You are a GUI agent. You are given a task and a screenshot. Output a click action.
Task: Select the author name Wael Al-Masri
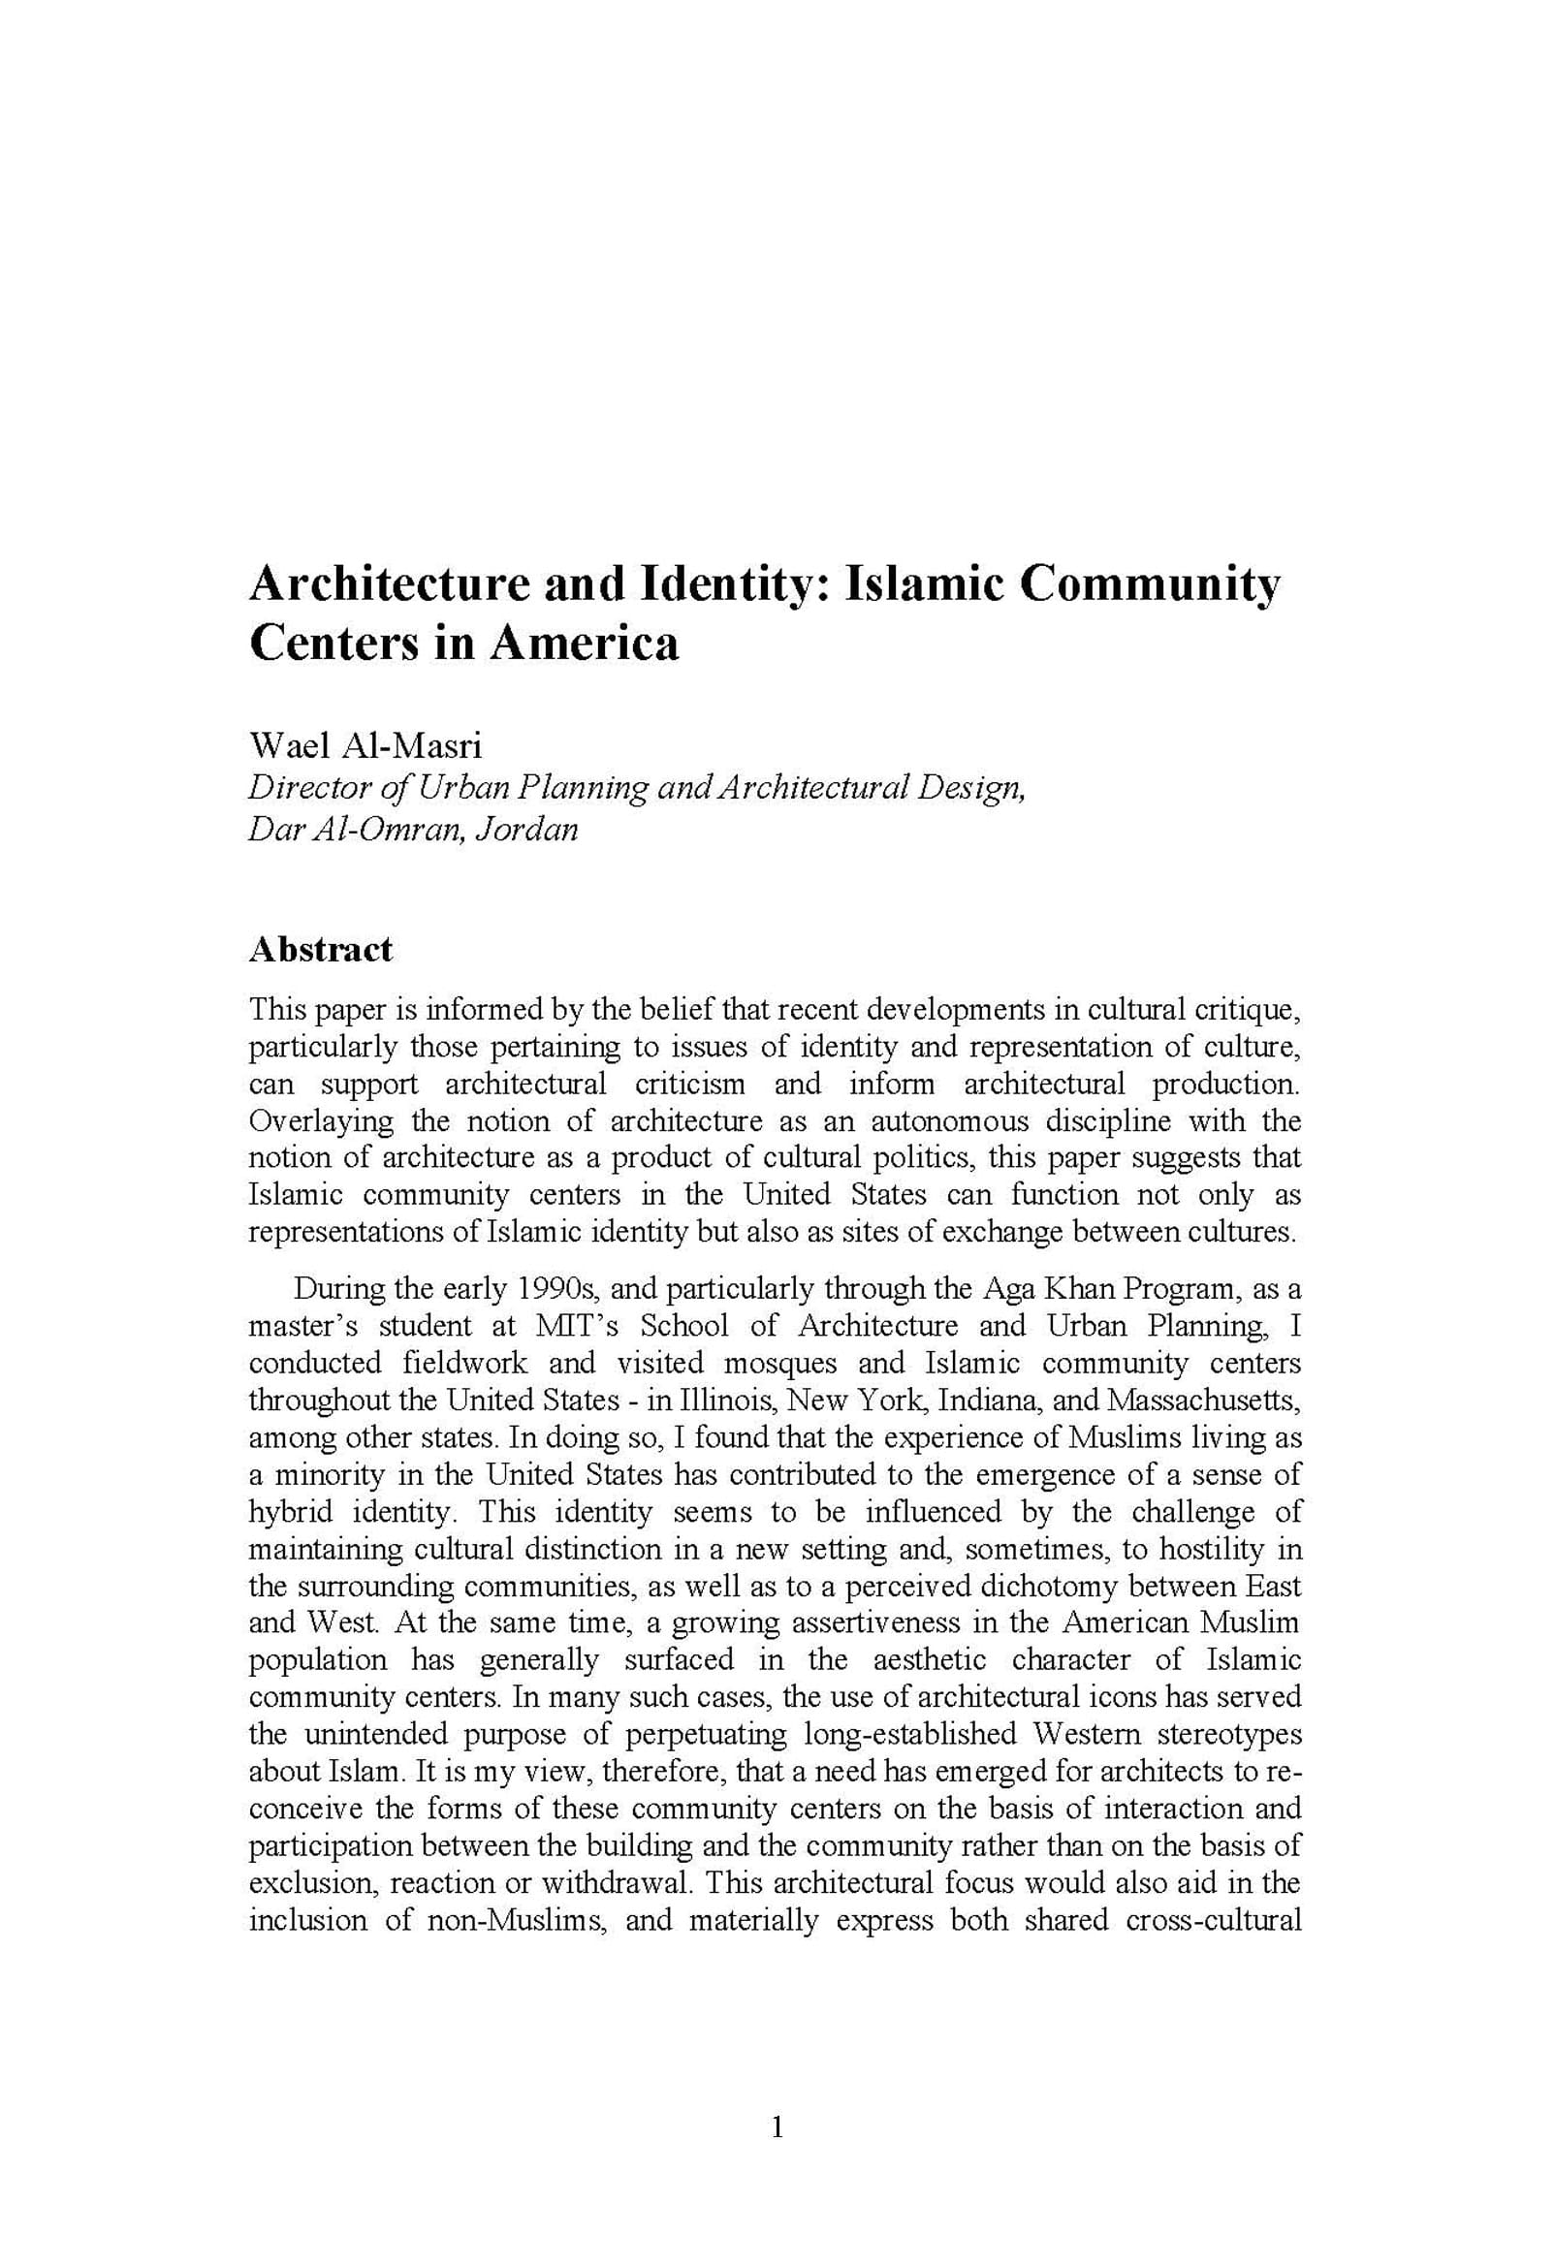365,746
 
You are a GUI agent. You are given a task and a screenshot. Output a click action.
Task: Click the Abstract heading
320,949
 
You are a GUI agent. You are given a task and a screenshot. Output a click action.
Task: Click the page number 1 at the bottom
777,2126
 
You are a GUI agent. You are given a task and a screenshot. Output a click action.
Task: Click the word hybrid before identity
290,1512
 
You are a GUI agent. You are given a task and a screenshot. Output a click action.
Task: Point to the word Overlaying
321,1121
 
